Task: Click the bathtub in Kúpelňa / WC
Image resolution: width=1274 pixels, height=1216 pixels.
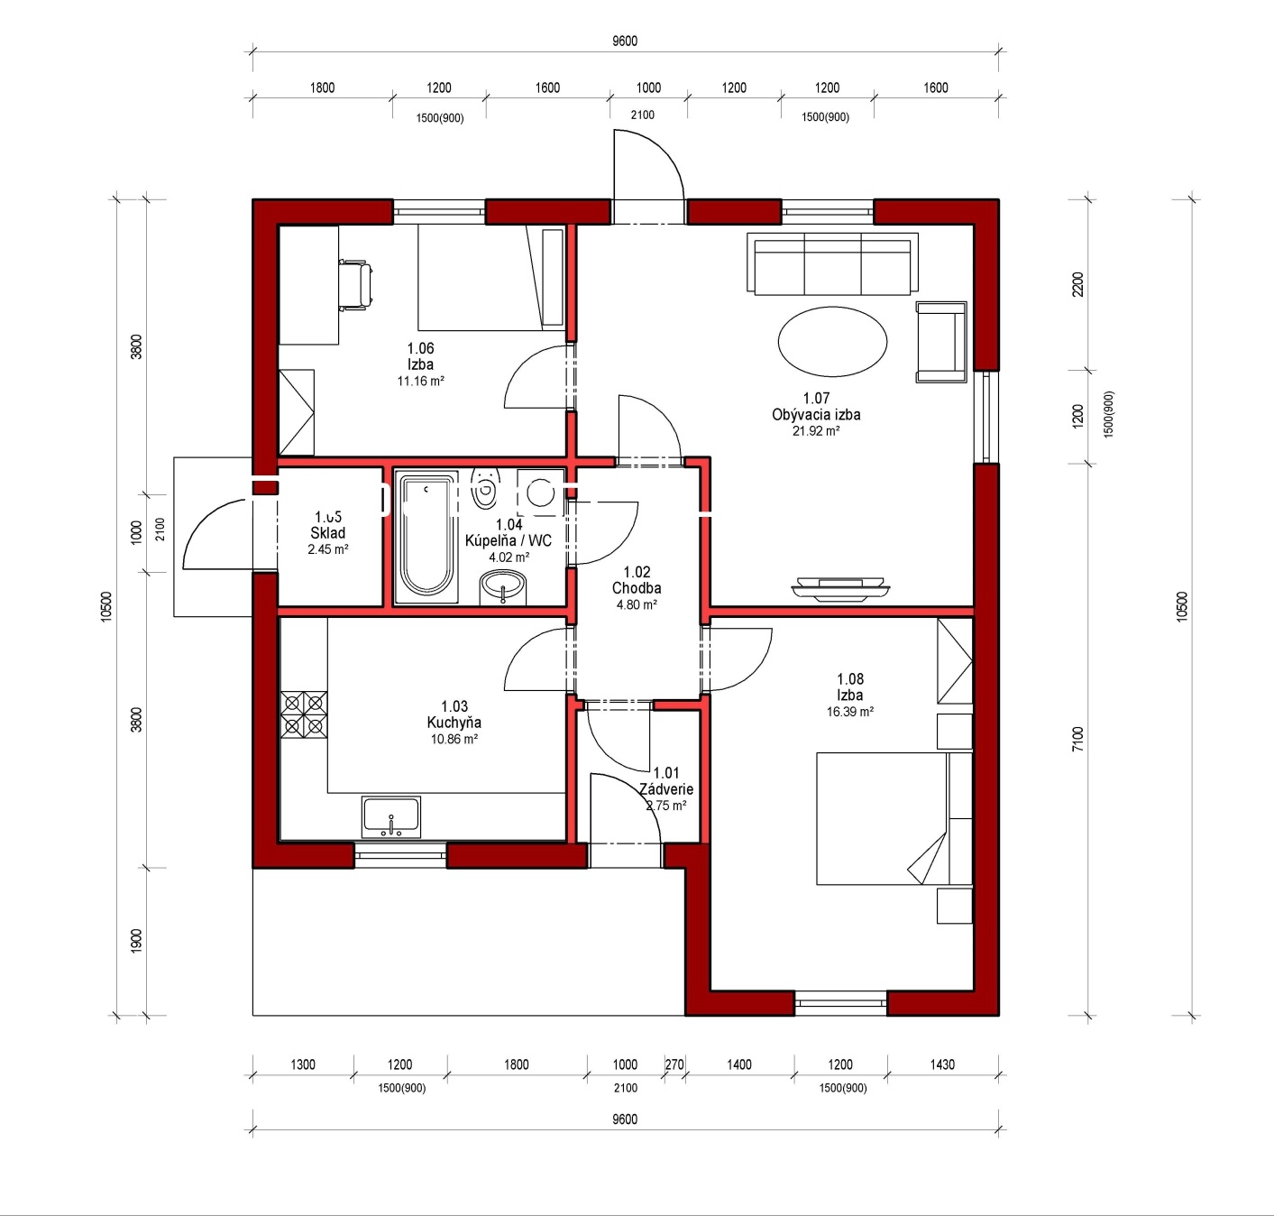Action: click(426, 536)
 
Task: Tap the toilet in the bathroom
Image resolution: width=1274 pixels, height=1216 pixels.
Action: click(485, 489)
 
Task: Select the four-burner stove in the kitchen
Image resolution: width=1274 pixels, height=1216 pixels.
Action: click(304, 714)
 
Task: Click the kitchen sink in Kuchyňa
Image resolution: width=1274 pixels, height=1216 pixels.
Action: click(390, 816)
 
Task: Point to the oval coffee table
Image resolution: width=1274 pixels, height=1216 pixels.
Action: click(832, 342)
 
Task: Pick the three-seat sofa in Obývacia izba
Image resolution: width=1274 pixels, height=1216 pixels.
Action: click(833, 263)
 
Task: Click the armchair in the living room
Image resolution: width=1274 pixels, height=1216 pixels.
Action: click(941, 342)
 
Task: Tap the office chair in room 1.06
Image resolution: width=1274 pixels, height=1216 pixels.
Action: click(355, 283)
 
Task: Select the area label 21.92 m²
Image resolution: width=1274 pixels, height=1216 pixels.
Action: click(816, 430)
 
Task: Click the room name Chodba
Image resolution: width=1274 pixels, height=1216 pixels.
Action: click(637, 588)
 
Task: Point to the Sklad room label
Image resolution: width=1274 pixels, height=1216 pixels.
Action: click(328, 533)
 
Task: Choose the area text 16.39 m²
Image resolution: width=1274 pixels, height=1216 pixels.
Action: click(849, 712)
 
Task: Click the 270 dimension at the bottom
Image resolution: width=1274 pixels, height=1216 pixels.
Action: click(674, 1064)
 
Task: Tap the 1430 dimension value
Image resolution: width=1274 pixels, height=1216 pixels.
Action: click(942, 1064)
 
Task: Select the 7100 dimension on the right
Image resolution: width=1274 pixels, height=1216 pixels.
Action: click(1077, 740)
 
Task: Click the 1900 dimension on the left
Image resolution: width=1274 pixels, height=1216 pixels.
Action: click(136, 941)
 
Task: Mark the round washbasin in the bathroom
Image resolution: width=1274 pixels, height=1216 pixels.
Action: click(502, 587)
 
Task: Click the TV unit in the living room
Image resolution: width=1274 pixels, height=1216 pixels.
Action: click(839, 585)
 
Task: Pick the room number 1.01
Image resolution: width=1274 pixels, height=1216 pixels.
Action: click(666, 773)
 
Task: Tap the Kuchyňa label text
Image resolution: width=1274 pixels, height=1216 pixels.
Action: click(454, 723)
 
